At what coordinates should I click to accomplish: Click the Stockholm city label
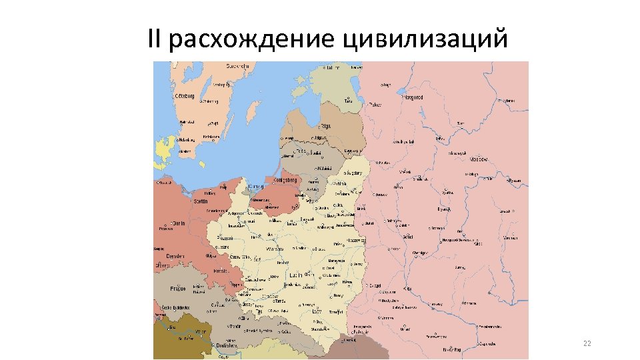[x=237, y=66]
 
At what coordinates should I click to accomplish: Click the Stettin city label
[x=200, y=201]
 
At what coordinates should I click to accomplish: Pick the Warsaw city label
[x=275, y=249]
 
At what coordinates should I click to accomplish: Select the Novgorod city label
[x=413, y=97]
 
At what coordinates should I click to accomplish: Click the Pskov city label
[x=375, y=105]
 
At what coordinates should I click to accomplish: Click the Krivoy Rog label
[x=453, y=349]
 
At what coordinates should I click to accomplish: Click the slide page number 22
[x=587, y=343]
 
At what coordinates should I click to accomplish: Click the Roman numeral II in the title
[x=155, y=39]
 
